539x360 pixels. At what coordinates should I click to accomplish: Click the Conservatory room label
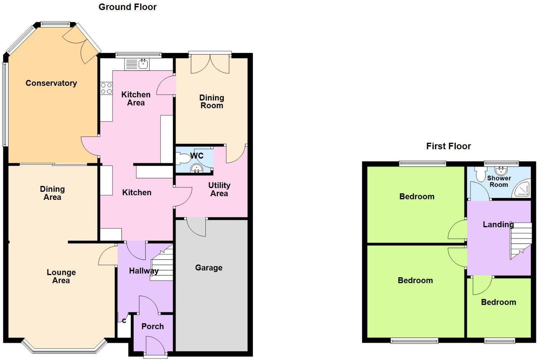pyautogui.click(x=51, y=83)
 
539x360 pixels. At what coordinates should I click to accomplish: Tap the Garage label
pyautogui.click(x=208, y=268)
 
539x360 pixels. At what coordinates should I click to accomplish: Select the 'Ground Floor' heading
pyautogui.click(x=127, y=7)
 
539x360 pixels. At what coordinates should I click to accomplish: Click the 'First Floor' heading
pyautogui.click(x=448, y=146)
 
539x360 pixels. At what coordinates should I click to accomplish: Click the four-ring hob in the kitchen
pyautogui.click(x=106, y=88)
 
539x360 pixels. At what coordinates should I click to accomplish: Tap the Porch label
pyautogui.click(x=152, y=326)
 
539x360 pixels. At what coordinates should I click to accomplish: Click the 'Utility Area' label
pyautogui.click(x=219, y=189)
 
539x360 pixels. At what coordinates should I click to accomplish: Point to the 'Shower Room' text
pyautogui.click(x=499, y=181)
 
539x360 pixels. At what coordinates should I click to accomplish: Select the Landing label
pyautogui.click(x=498, y=224)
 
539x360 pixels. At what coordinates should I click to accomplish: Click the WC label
pyautogui.click(x=197, y=156)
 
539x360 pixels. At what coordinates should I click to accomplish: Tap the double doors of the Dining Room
pyautogui.click(x=210, y=63)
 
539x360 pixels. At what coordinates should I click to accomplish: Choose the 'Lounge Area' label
pyautogui.click(x=61, y=276)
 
